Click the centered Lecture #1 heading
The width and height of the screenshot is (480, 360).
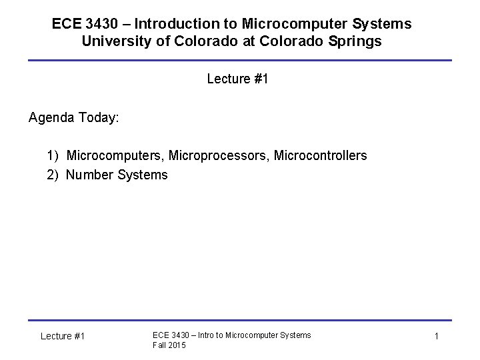[x=237, y=79]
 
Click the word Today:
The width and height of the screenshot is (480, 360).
[x=99, y=118]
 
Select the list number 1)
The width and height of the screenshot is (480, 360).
[x=53, y=156]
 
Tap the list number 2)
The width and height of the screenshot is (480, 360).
[x=53, y=175]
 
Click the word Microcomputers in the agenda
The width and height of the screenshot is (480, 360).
[x=116, y=156]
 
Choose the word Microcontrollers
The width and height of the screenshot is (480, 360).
[x=320, y=156]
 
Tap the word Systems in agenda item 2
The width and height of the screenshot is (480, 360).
[x=143, y=175]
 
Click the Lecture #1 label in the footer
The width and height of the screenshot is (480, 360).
[x=63, y=337]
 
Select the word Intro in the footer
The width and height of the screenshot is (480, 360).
[x=202, y=335]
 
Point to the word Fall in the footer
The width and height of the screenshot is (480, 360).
[x=159, y=345]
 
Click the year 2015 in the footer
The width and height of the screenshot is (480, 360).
[x=177, y=345]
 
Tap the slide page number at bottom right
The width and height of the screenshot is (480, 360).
[x=436, y=337]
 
